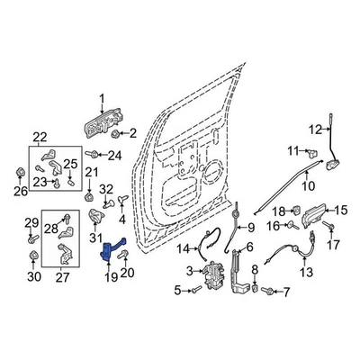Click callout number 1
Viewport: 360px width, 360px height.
(x=102, y=98)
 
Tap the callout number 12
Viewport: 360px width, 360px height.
(x=316, y=128)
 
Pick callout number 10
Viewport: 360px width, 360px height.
(x=308, y=189)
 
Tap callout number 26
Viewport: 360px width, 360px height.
(x=20, y=190)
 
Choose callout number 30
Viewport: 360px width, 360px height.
(x=33, y=278)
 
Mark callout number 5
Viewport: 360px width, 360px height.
(x=177, y=290)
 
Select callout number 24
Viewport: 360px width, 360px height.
(x=139, y=155)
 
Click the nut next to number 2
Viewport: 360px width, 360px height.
(x=117, y=134)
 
